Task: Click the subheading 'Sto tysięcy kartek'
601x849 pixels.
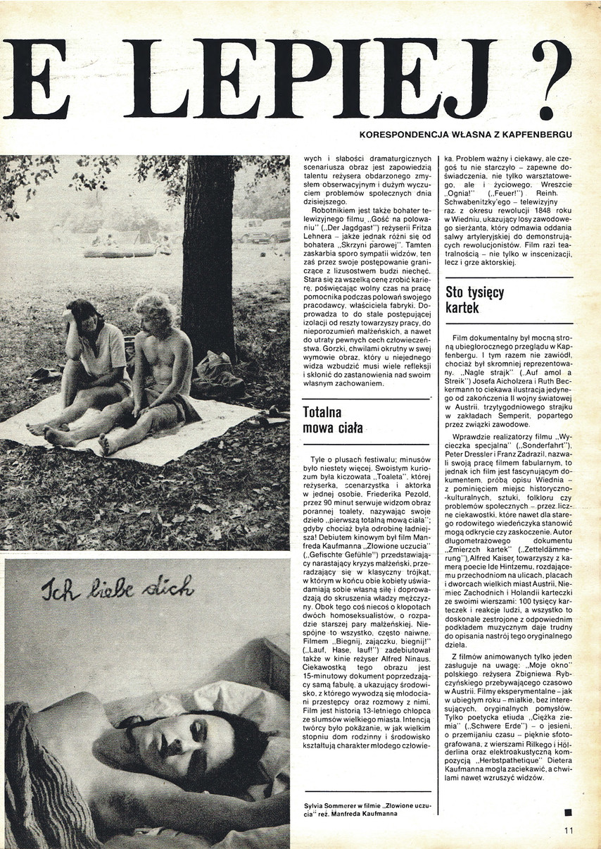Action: click(x=475, y=299)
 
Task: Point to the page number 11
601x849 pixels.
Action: click(x=569, y=830)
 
